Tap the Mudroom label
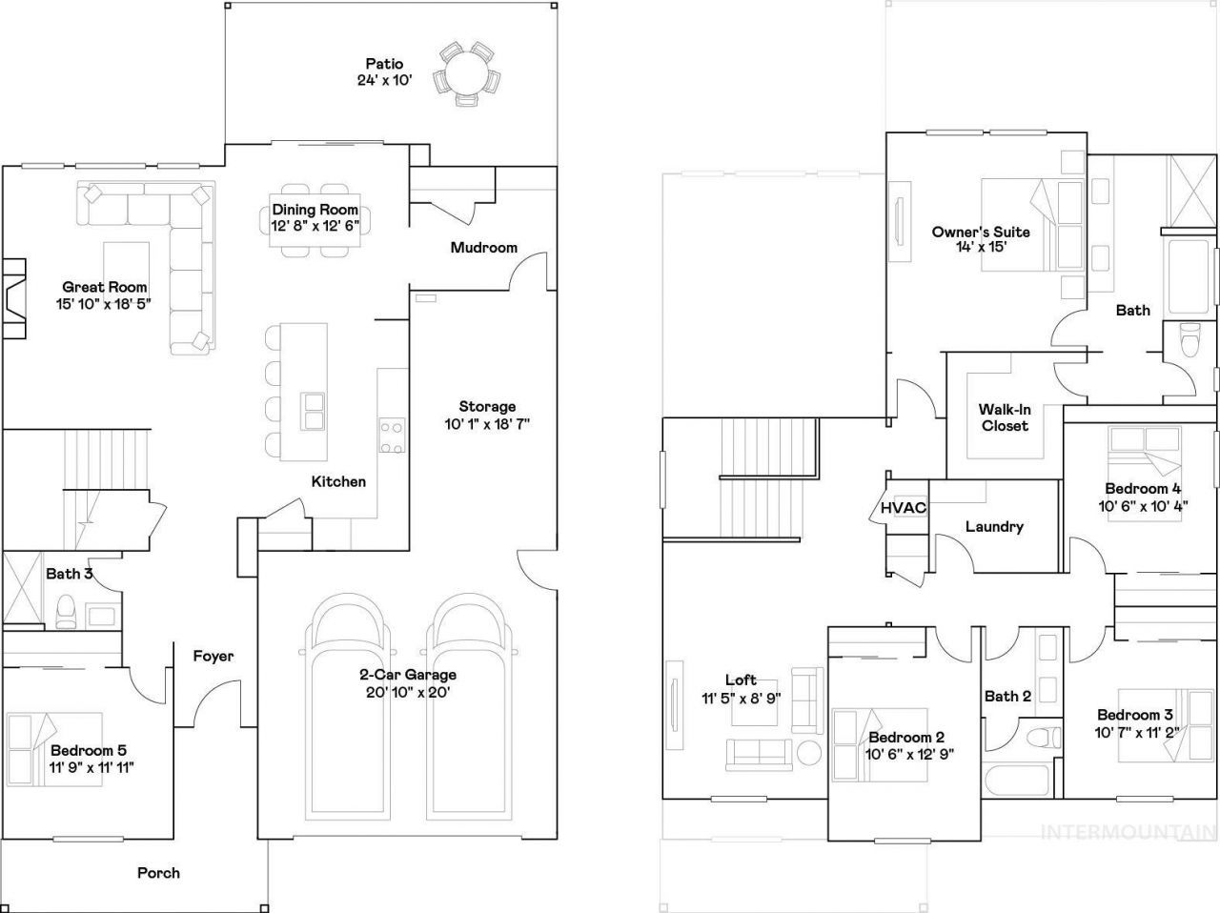pos(483,248)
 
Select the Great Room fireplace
pos(14,298)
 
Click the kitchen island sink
pos(313,411)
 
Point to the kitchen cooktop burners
pos(392,436)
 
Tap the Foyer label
pos(213,657)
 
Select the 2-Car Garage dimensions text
pos(408,693)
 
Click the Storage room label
pos(487,406)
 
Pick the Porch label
pos(158,873)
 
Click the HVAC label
pos(904,508)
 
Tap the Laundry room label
pos(994,527)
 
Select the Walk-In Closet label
pos(1005,417)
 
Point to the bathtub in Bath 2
pos(1016,779)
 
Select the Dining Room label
pos(315,210)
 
